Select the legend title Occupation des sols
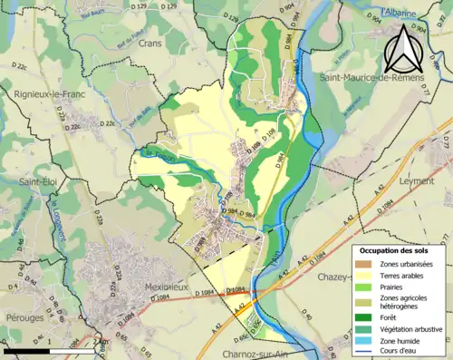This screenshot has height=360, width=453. (x=398, y=250)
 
